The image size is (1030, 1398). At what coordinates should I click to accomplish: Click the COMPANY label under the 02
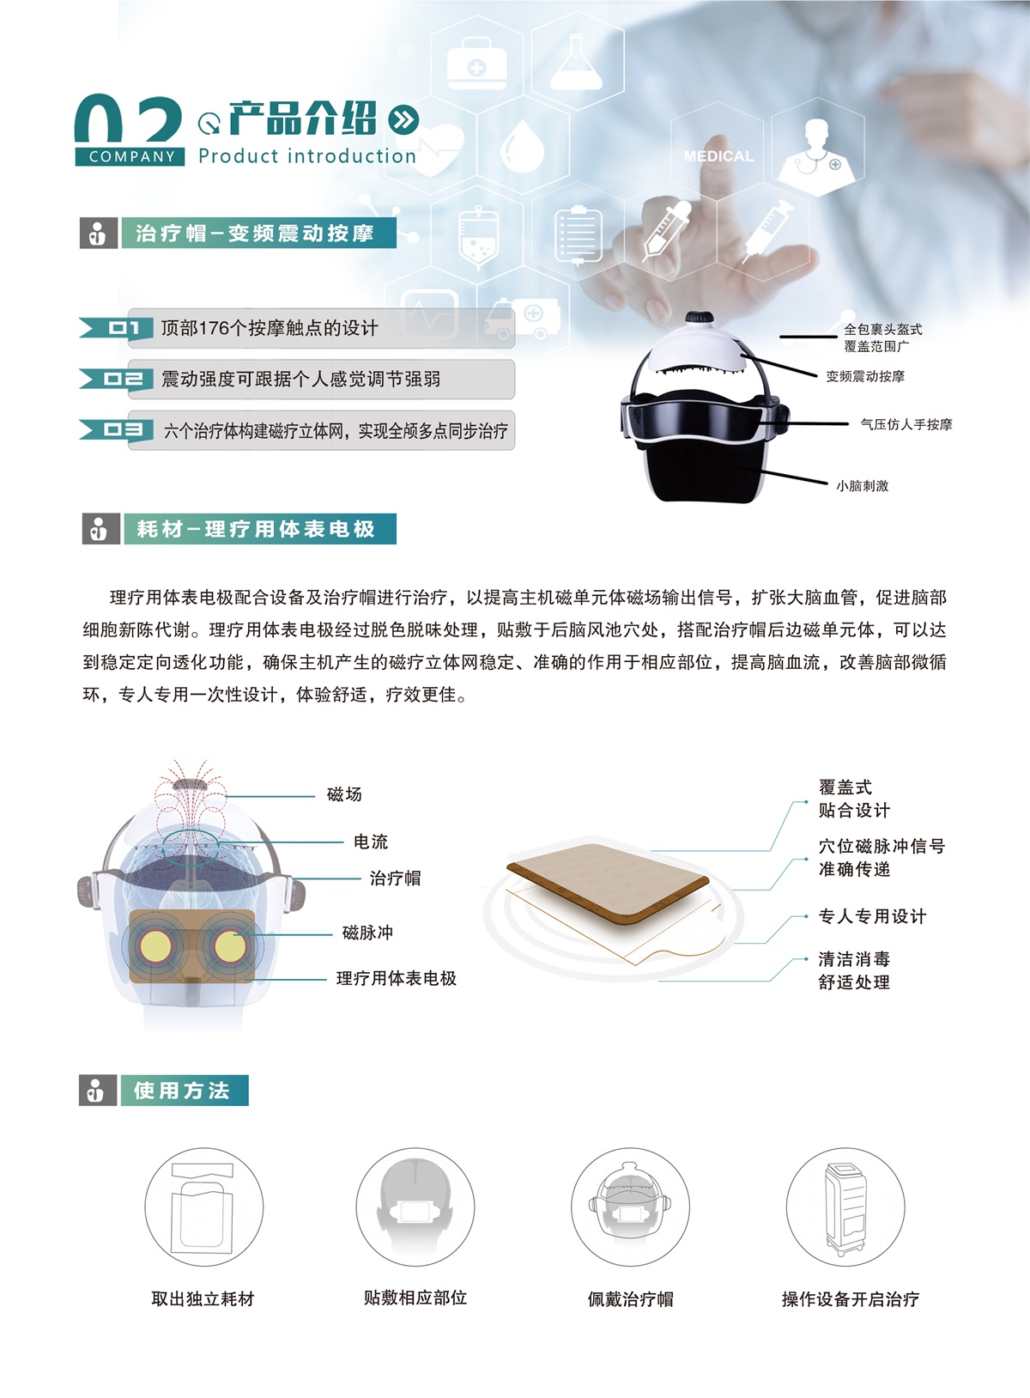pyautogui.click(x=130, y=156)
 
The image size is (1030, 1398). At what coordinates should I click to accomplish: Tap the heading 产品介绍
pyautogui.click(x=303, y=119)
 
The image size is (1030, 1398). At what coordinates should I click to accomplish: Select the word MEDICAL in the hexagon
pyautogui.click(x=718, y=156)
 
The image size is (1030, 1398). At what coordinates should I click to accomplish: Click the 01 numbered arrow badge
pyautogui.click(x=117, y=328)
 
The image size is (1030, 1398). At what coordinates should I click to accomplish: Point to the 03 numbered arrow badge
pyautogui.click(x=117, y=430)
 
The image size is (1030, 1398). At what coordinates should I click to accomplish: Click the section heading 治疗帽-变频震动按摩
pyautogui.click(x=255, y=234)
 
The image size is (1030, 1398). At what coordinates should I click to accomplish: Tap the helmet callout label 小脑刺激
pyautogui.click(x=862, y=485)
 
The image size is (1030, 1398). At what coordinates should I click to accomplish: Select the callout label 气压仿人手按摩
pyautogui.click(x=906, y=424)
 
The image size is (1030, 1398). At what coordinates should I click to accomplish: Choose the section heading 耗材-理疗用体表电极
pyautogui.click(x=256, y=529)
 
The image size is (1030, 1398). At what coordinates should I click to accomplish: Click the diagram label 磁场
pyautogui.click(x=344, y=793)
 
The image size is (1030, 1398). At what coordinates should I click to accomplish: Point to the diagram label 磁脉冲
pyautogui.click(x=367, y=933)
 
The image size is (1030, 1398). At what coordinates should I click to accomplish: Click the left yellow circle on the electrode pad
pyautogui.click(x=155, y=947)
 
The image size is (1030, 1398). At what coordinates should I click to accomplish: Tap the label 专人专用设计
pyautogui.click(x=872, y=916)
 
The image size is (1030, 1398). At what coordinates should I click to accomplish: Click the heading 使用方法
pyautogui.click(x=182, y=1091)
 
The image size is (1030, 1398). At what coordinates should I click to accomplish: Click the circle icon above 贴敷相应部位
pyautogui.click(x=415, y=1207)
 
